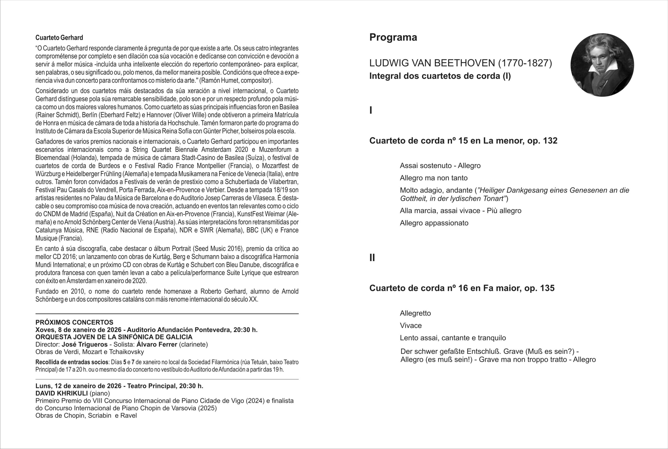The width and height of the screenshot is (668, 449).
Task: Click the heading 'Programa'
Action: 393,38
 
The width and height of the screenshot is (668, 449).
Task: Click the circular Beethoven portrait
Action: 602,65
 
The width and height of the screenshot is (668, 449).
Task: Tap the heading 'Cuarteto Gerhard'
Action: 59,38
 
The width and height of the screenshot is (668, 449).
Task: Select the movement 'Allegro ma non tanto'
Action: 433,178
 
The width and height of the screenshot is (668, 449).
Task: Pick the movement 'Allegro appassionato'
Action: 434,223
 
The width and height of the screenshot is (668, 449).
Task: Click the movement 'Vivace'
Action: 410,325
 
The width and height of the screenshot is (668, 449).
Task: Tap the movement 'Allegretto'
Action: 415,313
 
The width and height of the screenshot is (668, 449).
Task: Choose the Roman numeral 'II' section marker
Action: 372,258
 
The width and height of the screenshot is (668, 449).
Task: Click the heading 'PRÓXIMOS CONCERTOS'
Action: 74,322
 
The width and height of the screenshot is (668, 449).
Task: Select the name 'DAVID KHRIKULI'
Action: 62,393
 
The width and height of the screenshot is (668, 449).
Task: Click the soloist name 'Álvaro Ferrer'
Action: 157,345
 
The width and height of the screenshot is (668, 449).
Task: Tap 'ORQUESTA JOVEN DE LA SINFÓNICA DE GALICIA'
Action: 114,337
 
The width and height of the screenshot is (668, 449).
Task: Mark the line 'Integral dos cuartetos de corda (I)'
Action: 440,76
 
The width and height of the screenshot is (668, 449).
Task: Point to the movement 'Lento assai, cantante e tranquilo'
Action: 453,338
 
